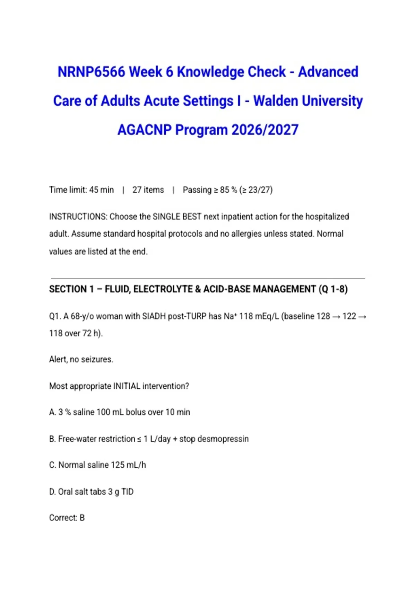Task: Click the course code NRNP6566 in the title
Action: (91, 72)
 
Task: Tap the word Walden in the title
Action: (275, 101)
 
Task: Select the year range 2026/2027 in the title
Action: (265, 130)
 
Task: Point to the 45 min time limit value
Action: (101, 190)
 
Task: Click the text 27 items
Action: (148, 190)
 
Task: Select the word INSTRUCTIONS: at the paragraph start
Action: (78, 217)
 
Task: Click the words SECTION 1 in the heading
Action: (71, 289)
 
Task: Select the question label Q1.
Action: (54, 316)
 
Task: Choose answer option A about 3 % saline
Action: (120, 412)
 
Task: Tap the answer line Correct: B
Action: (67, 518)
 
